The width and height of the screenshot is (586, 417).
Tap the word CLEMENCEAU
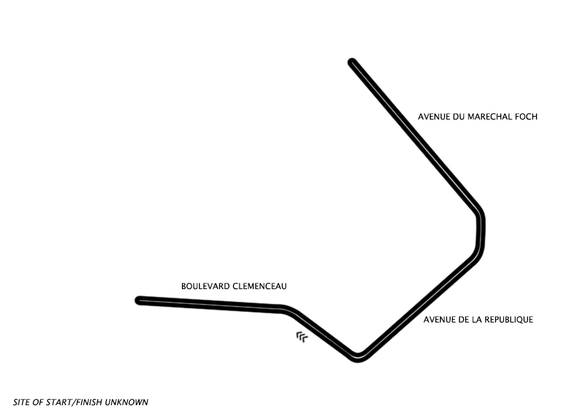tap(260, 286)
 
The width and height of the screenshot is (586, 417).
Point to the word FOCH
tap(526, 117)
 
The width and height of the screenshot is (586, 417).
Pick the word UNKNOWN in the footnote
tap(126, 402)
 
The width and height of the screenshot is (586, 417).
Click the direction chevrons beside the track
tap(302, 337)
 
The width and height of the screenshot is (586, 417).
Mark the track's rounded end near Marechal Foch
tap(352, 63)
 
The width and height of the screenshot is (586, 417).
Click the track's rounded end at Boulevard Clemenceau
tap(140, 300)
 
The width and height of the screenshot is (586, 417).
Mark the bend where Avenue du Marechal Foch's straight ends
tap(479, 213)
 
